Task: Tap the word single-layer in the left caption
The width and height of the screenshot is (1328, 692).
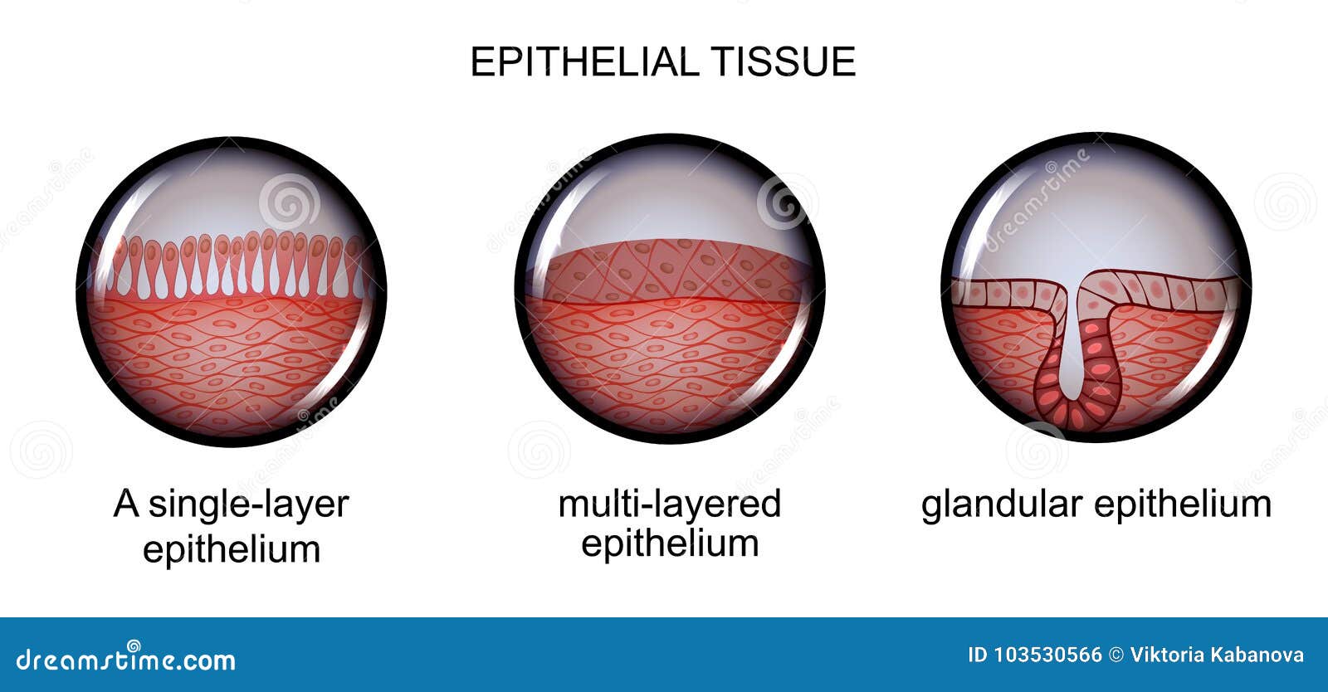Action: click(x=248, y=504)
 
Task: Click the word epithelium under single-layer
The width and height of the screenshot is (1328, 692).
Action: click(x=232, y=548)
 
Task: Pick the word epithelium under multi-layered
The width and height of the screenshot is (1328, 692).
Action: click(x=669, y=543)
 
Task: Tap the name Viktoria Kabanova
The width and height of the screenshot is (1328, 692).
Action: click(x=1217, y=655)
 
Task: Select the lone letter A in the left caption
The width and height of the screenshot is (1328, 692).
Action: click(x=125, y=504)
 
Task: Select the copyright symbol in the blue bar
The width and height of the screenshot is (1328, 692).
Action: click(x=1116, y=655)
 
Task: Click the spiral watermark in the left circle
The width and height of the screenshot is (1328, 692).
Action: click(x=289, y=202)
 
